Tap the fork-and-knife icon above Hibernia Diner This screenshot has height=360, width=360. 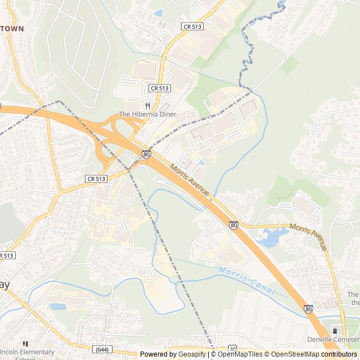(147, 106)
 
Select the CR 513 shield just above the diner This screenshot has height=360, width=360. (160, 88)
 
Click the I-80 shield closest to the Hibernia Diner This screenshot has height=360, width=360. (146, 154)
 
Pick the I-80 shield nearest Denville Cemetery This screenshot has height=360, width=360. (309, 309)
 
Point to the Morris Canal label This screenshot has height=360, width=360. (247, 281)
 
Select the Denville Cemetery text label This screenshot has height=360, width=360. (332, 340)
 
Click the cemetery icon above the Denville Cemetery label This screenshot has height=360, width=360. (336, 331)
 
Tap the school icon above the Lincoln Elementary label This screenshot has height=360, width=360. (25, 343)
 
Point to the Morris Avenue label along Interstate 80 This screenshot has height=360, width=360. (190, 180)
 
